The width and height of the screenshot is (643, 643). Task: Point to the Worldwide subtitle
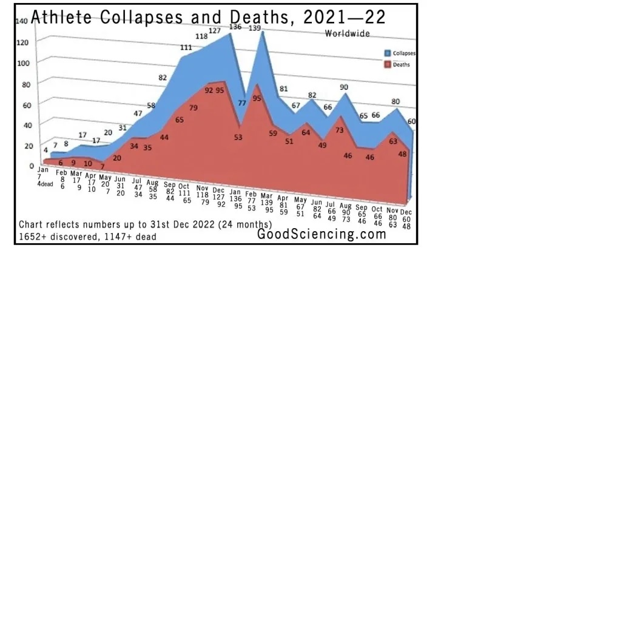coord(347,34)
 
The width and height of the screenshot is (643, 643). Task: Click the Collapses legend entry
coord(403,53)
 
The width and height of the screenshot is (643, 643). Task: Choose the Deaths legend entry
coord(401,64)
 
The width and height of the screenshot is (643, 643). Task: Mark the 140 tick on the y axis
coord(21,21)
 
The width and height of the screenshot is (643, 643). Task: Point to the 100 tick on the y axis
coord(24,62)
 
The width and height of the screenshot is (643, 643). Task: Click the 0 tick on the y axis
coord(32,166)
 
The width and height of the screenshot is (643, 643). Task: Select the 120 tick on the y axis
coord(24,42)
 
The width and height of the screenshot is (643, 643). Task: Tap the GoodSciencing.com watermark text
coord(321,234)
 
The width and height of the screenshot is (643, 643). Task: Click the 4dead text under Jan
coord(45,184)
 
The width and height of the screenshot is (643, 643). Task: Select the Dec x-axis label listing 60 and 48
coord(406,219)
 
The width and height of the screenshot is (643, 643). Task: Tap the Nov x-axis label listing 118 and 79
coord(203,195)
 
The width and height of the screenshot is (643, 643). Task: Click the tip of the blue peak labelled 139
coord(262,32)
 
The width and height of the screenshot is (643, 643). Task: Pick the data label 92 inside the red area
coord(209,90)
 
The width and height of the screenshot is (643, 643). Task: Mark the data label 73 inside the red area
coord(340,130)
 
